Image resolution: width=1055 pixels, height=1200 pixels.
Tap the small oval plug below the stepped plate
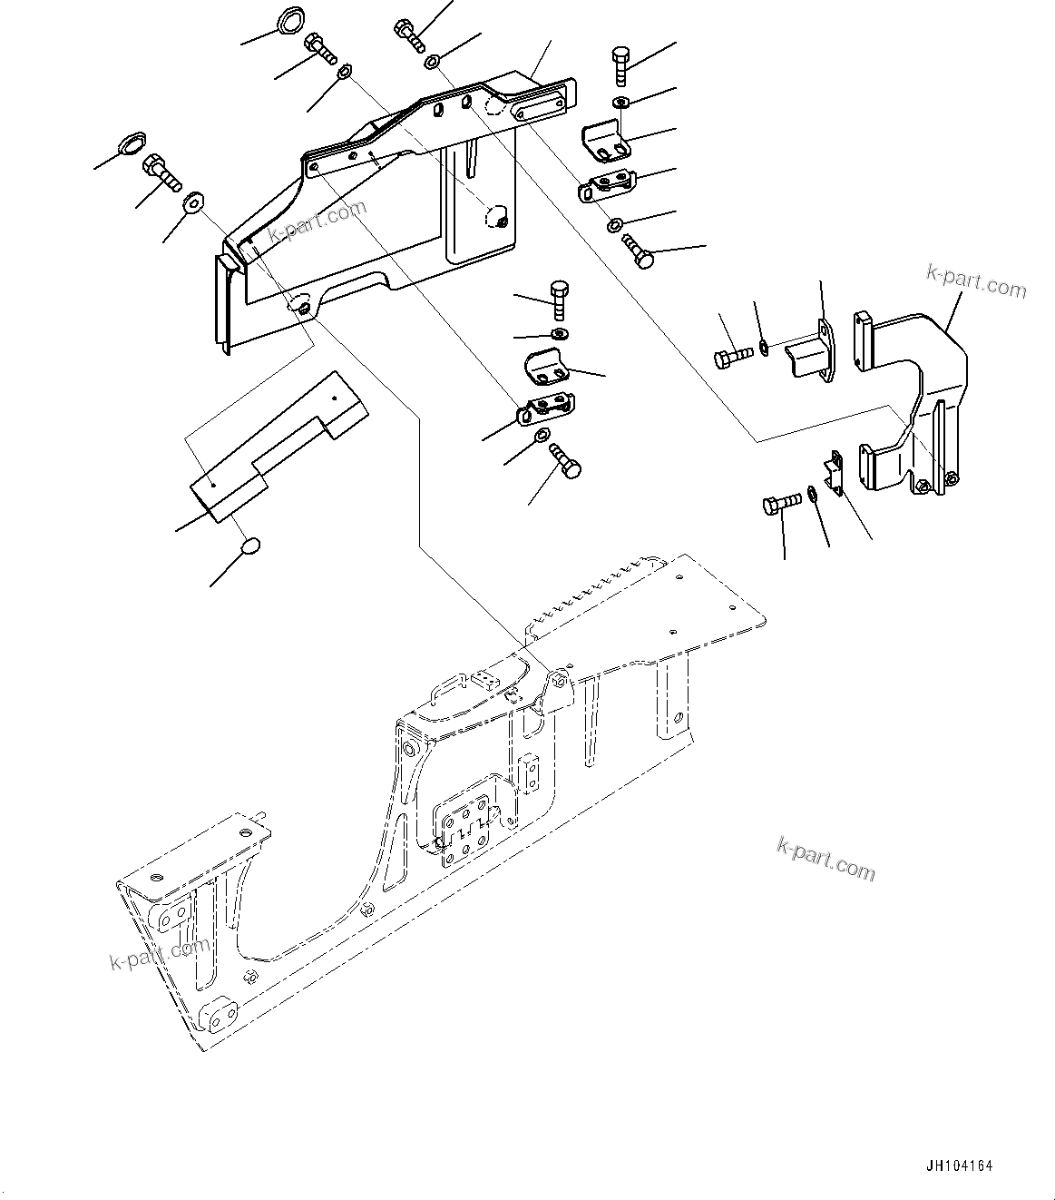click(250, 545)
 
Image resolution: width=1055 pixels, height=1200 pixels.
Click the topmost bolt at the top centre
click(409, 34)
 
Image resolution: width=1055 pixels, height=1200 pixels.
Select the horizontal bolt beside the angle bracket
click(733, 355)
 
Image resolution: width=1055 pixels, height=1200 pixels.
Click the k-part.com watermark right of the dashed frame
click(825, 859)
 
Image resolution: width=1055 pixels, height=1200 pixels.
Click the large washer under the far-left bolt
click(193, 202)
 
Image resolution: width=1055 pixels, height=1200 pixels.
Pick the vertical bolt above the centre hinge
click(560, 300)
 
